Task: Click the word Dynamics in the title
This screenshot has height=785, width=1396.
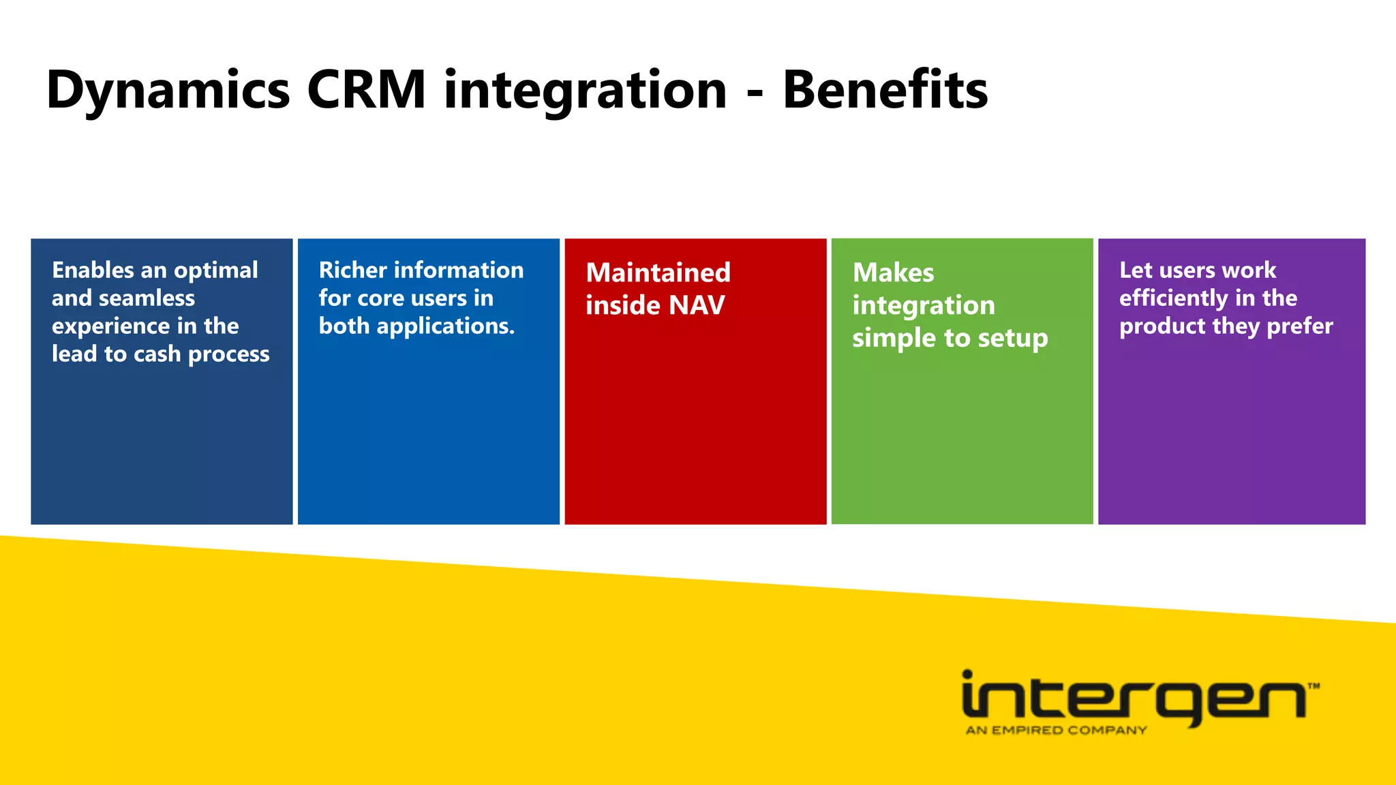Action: pyautogui.click(x=168, y=91)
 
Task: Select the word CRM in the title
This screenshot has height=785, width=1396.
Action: pyautogui.click(x=367, y=89)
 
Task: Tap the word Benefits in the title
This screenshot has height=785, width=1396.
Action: pyautogui.click(x=885, y=89)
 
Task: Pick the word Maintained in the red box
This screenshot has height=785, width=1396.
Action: pyautogui.click(x=658, y=273)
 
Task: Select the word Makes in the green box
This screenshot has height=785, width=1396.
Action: pyautogui.click(x=893, y=273)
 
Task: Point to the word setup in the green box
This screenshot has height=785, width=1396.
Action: pyautogui.click(x=1012, y=339)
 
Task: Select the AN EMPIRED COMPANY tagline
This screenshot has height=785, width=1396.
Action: pyautogui.click(x=1056, y=730)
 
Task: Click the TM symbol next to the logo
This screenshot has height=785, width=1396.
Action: pyautogui.click(x=1314, y=686)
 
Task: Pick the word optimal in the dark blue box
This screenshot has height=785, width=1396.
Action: pyautogui.click(x=215, y=271)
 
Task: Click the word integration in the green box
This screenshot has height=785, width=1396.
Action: pyautogui.click(x=924, y=306)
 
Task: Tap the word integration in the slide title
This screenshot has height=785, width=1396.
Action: pyautogui.click(x=586, y=91)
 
